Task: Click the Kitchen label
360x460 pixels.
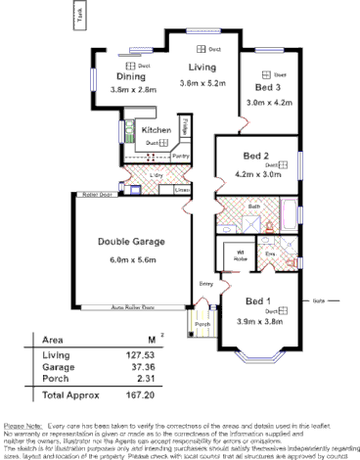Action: pos(157,130)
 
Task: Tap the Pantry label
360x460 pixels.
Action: pos(180,156)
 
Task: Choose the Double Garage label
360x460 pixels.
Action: pos(130,242)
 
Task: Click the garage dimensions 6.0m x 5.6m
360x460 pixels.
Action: pos(130,259)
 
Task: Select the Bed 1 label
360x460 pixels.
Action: pos(259,300)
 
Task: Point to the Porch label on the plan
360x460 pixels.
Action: pos(202,324)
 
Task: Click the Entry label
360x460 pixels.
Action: pos(206,284)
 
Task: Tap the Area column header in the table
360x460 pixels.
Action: pos(53,340)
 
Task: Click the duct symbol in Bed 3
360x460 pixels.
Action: pos(265,73)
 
